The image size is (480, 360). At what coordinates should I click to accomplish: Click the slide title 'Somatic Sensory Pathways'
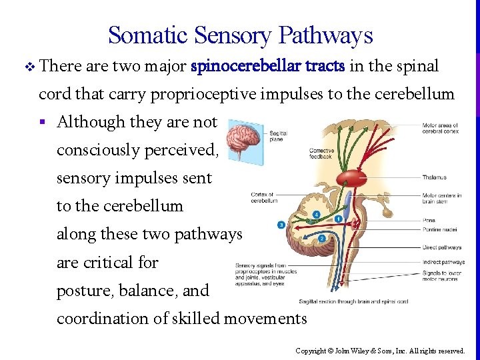click(x=240, y=35)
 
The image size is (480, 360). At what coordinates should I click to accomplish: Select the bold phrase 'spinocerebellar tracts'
click(x=267, y=67)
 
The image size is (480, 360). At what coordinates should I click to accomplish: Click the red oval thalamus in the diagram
click(x=352, y=177)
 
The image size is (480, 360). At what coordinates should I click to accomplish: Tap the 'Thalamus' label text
click(x=434, y=177)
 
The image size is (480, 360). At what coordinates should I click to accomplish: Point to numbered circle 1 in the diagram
click(x=339, y=219)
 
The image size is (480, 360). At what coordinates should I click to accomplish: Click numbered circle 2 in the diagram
click(x=322, y=238)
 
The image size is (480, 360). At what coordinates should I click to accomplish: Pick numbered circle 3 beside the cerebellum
click(x=281, y=225)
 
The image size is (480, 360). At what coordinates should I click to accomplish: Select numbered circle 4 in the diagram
click(x=316, y=215)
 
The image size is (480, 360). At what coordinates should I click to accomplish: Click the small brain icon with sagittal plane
click(x=243, y=141)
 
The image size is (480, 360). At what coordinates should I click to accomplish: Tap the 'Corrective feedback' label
click(x=321, y=154)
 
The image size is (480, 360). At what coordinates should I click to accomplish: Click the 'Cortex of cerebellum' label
click(x=264, y=197)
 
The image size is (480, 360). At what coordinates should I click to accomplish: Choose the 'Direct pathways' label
click(x=441, y=247)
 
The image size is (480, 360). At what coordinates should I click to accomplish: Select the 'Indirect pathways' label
click(x=443, y=262)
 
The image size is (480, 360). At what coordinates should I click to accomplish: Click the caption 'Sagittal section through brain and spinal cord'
click(x=353, y=301)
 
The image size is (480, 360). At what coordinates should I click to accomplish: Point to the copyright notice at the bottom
click(x=381, y=350)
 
